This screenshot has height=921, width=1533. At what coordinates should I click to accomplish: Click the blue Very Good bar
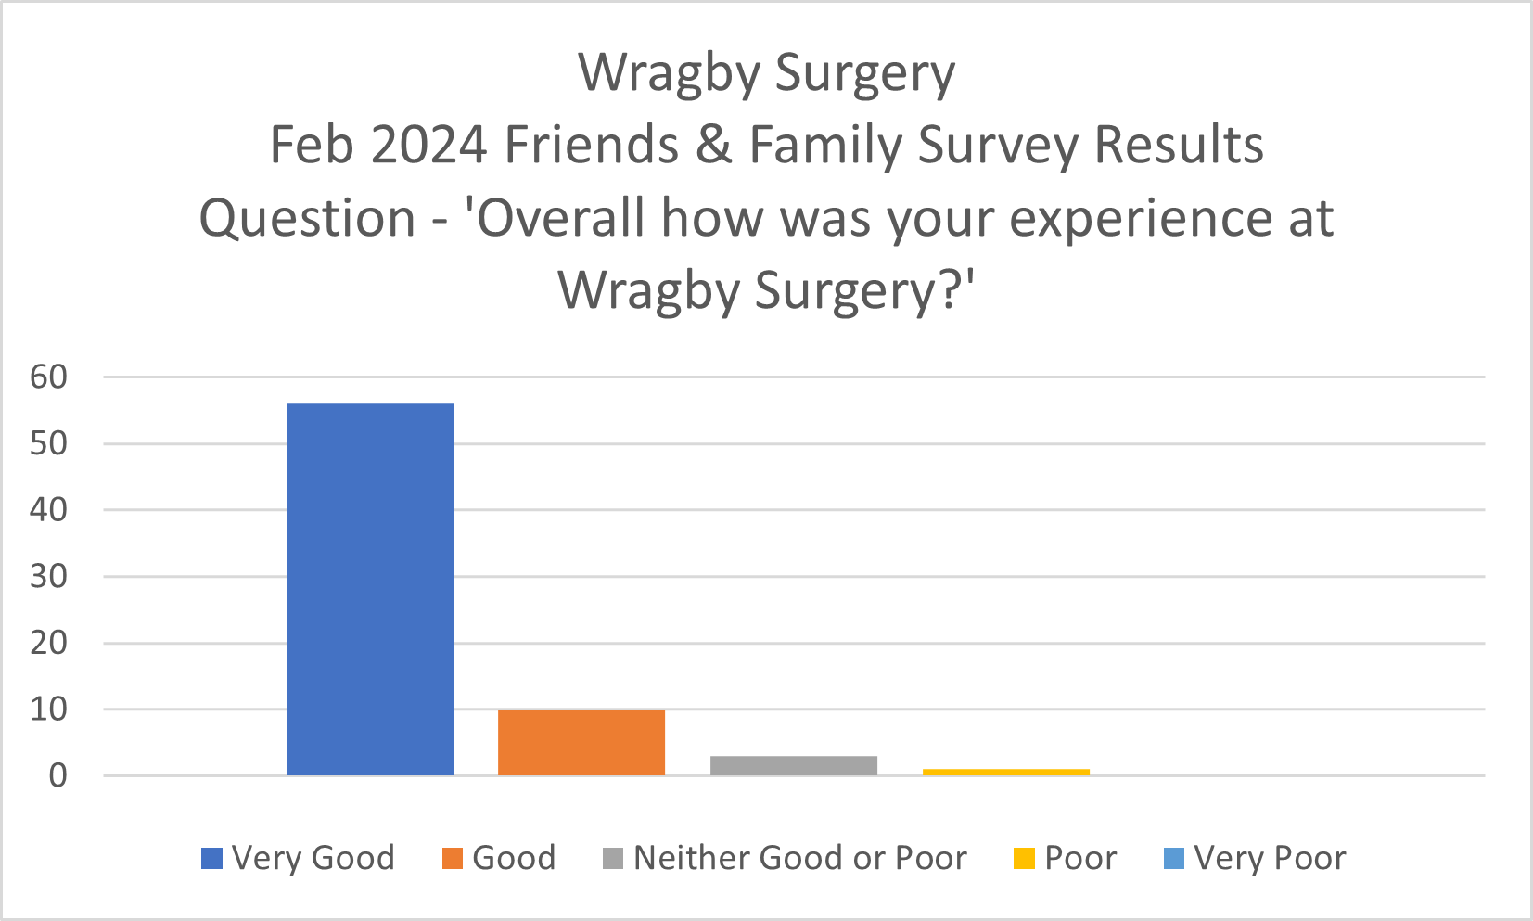click(x=369, y=589)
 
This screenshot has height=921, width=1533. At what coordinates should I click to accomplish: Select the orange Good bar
click(x=581, y=742)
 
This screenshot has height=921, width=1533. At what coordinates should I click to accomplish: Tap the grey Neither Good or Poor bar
click(x=794, y=765)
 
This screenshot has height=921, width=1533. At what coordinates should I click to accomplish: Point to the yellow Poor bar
click(x=1005, y=772)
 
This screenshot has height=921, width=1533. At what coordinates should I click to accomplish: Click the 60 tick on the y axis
click(x=48, y=377)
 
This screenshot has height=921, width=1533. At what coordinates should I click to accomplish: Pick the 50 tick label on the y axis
click(x=48, y=443)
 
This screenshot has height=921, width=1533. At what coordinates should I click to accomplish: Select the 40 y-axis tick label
click(x=48, y=509)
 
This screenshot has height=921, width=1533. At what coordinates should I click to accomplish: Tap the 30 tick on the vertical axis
click(x=48, y=576)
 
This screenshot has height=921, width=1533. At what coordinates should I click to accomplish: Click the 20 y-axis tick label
click(x=48, y=643)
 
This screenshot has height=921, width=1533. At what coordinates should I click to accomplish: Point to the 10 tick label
click(x=48, y=710)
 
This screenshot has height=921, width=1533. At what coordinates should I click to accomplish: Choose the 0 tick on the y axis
click(x=57, y=775)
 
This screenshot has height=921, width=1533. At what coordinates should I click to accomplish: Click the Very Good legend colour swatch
click(x=211, y=859)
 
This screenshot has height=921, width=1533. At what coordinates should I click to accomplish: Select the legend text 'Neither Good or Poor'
click(x=799, y=858)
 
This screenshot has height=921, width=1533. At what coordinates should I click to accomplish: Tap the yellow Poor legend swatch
click(x=1024, y=859)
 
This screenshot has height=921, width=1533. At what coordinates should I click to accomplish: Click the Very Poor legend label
click(x=1270, y=858)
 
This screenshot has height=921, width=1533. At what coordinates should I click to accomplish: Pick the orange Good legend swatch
click(x=453, y=859)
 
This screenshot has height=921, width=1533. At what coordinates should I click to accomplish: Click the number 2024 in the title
click(x=428, y=146)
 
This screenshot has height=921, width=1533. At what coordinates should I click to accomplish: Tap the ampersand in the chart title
click(x=714, y=146)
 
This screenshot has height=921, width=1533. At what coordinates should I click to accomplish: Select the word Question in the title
click(x=307, y=220)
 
